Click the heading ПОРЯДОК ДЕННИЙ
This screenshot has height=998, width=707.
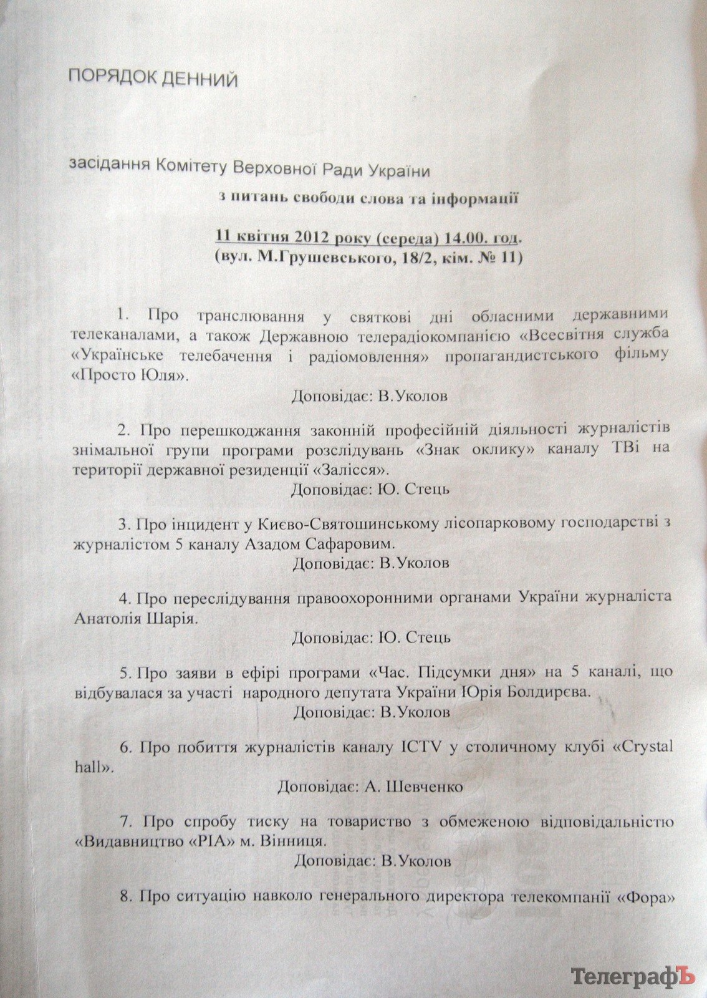(153, 79)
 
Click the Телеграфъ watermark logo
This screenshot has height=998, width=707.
(633, 976)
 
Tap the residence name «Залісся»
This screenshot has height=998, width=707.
(353, 468)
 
